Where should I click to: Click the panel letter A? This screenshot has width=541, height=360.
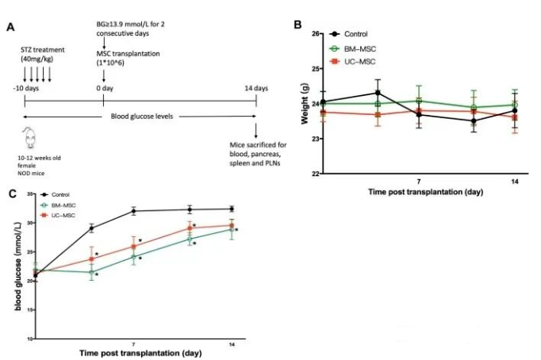coord(10,27)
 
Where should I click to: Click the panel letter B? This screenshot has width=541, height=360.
coord(298,25)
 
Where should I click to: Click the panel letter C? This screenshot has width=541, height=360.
coord(10,193)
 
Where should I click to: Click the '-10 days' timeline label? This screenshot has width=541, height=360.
coord(25,88)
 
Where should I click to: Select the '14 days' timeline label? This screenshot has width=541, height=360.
coord(255,88)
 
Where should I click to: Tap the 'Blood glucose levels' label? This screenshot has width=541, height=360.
coord(141,117)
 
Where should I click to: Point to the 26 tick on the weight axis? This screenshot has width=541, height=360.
coord(313,34)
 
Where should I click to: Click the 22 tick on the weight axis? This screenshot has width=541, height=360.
coord(313,174)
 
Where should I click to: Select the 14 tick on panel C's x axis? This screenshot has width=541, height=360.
coord(231,344)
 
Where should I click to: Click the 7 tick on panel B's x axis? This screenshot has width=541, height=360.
coord(418,182)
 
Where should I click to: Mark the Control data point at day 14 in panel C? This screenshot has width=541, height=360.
coord(231,209)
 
